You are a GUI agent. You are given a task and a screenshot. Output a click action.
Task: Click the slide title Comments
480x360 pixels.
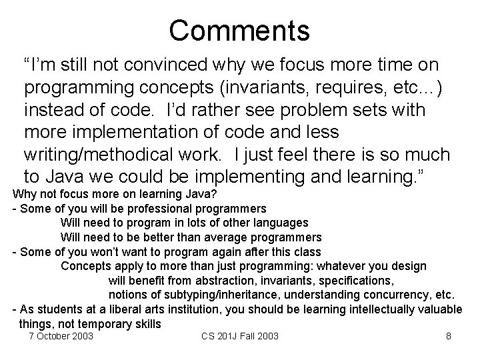click(239, 30)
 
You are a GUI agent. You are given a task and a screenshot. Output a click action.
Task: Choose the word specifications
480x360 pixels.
click(359, 280)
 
